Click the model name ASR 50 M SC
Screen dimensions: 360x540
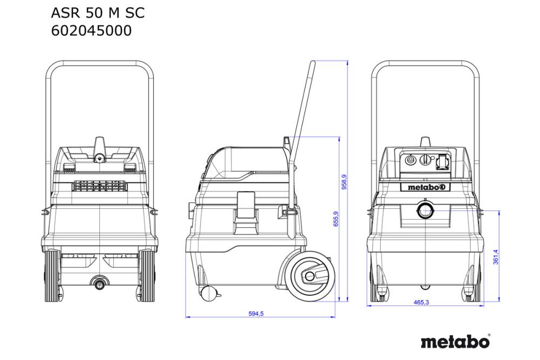(97, 12)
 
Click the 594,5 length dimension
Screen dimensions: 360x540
(256, 314)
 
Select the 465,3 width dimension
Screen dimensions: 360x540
(421, 303)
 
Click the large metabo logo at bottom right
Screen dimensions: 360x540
(455, 342)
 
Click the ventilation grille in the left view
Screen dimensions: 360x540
(101, 187)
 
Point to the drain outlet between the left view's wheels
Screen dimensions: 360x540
(100, 281)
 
